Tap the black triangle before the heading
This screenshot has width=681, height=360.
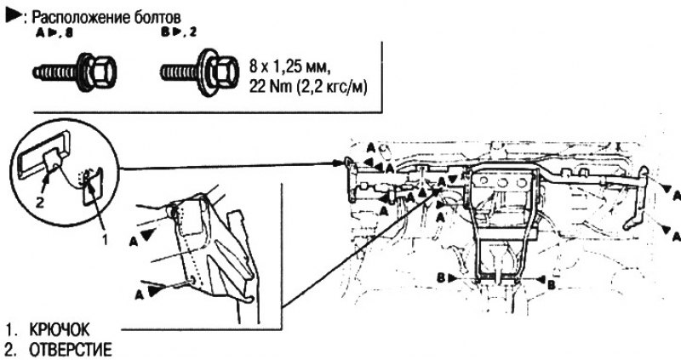tap(13, 16)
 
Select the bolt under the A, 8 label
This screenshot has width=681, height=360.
tap(75, 71)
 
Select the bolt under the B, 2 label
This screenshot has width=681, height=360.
tap(200, 71)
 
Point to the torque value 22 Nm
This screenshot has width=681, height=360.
tap(271, 88)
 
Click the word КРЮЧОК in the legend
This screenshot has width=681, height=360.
tap(59, 330)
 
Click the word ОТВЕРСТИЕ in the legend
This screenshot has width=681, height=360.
tap(70, 350)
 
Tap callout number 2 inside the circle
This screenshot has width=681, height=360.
tap(39, 202)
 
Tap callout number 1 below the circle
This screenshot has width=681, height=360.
tap(104, 238)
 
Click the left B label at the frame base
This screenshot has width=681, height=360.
tap(441, 278)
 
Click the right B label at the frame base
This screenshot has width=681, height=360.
tap(551, 285)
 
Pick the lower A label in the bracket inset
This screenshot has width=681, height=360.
tap(139, 294)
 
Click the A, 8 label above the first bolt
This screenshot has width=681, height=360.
tap(54, 33)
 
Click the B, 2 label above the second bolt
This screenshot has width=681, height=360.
tap(178, 33)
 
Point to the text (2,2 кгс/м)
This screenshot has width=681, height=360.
tap(332, 88)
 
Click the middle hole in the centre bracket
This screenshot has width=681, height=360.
tap(502, 183)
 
